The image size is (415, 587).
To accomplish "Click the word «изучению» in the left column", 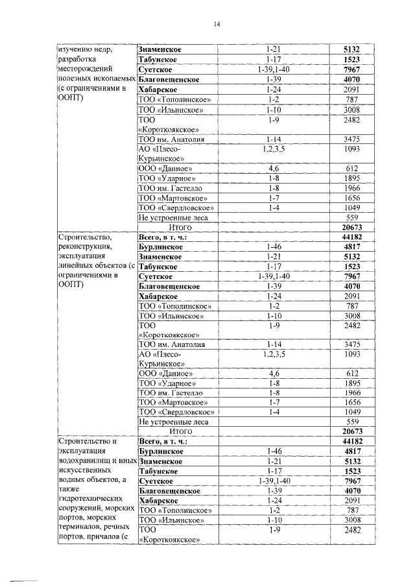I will [x=75, y=49].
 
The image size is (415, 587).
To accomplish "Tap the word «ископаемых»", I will [x=112, y=78].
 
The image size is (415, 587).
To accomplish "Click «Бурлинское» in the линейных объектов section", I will [x=160, y=247].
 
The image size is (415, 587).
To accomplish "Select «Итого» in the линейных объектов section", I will [x=180, y=431].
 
